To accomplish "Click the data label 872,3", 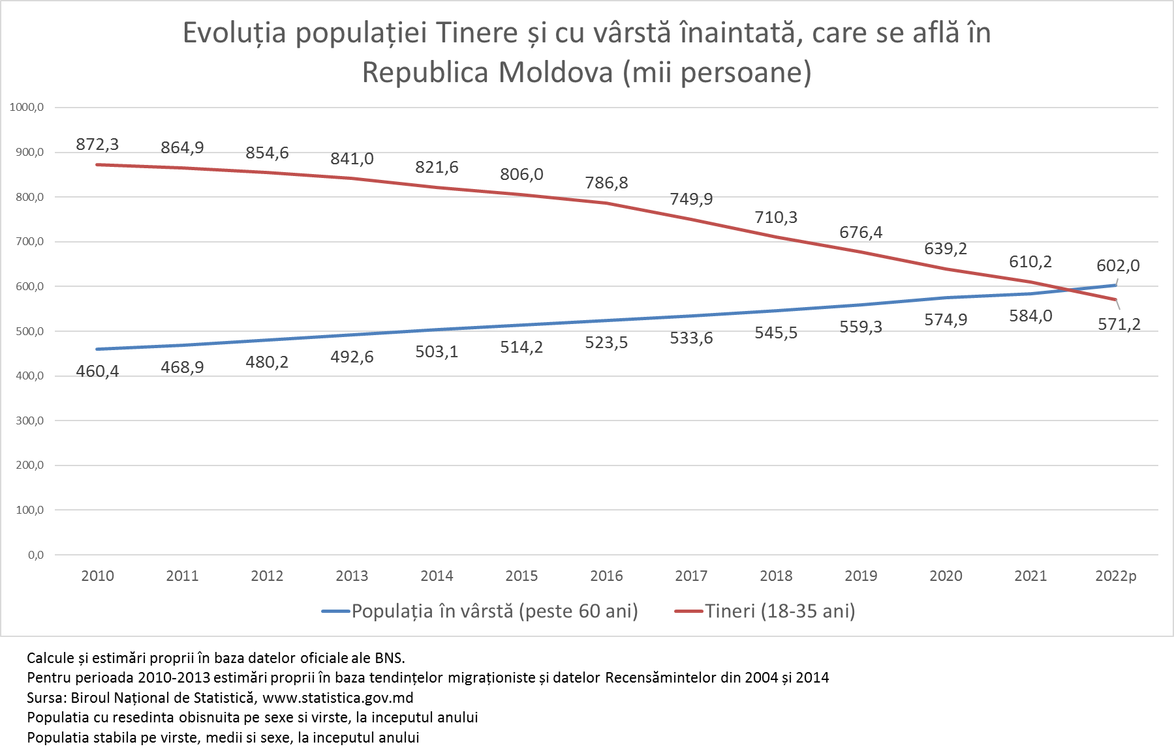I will pyautogui.click(x=97, y=144).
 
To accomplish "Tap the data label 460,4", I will pyautogui.click(x=97, y=371).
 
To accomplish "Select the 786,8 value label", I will pyautogui.click(x=606, y=183).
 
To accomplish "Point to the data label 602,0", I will pyautogui.click(x=1118, y=265).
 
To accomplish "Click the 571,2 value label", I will pyautogui.click(x=1119, y=324).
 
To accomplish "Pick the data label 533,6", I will pyautogui.click(x=691, y=338).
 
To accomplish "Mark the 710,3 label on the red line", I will pyautogui.click(x=776, y=217).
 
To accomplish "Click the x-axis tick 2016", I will pyautogui.click(x=606, y=576).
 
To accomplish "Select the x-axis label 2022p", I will pyautogui.click(x=1115, y=576).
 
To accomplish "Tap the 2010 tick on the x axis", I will pyautogui.click(x=97, y=576).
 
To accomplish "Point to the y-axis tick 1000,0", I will pyautogui.click(x=27, y=107).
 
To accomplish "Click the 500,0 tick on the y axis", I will pyautogui.click(x=29, y=331).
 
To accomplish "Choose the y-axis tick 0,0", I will pyautogui.click(x=35, y=555).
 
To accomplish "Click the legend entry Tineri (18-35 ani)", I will pyautogui.click(x=780, y=611).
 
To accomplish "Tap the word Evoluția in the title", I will pyautogui.click(x=234, y=33).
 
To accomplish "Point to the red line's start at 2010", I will pyautogui.click(x=97, y=164).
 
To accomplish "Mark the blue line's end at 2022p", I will pyautogui.click(x=1115, y=285).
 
